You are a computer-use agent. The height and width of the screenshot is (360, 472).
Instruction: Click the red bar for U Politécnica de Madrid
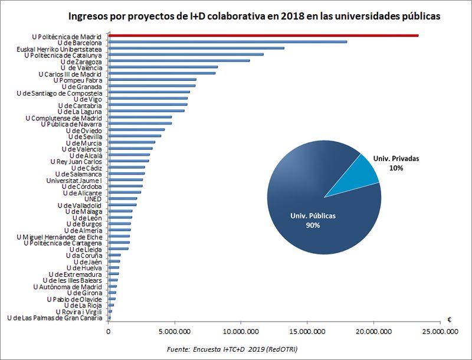pyautogui.click(x=263, y=36)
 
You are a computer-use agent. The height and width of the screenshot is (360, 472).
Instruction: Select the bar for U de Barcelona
pyautogui.click(x=228, y=42)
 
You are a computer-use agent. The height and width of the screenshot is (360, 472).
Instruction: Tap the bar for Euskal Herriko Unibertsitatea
pyautogui.click(x=196, y=48)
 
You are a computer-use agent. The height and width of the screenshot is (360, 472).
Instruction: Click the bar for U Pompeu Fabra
pyautogui.click(x=152, y=80)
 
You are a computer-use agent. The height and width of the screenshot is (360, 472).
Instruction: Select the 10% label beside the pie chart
pyautogui.click(x=396, y=168)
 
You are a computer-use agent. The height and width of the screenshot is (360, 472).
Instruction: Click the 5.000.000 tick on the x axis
pyautogui.click(x=175, y=332)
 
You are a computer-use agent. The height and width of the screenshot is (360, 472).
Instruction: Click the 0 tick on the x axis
pyautogui.click(x=109, y=332)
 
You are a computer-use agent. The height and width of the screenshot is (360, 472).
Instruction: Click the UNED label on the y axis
pyautogui.click(x=93, y=199)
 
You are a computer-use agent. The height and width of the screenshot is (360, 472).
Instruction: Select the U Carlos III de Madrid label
pyautogui.click(x=70, y=74)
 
